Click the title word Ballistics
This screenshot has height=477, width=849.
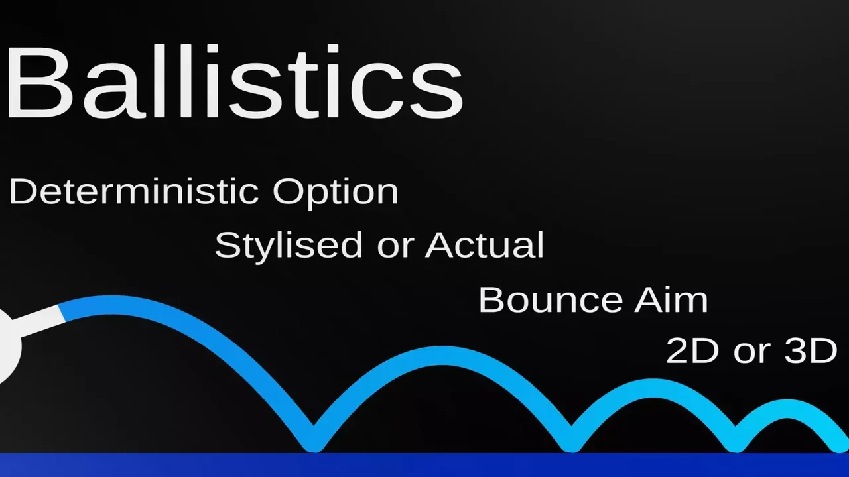(x=234, y=81)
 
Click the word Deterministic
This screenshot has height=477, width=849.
(x=134, y=191)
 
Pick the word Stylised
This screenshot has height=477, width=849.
(x=289, y=245)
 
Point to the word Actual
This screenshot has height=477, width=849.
(x=484, y=244)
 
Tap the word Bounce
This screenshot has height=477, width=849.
(x=551, y=300)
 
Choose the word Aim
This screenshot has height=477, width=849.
(x=671, y=300)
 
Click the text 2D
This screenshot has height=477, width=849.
(x=692, y=350)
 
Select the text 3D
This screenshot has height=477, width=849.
(x=811, y=350)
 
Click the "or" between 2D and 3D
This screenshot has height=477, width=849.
(x=751, y=354)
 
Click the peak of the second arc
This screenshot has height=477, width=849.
(x=444, y=356)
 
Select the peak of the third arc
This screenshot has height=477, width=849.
(x=655, y=388)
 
